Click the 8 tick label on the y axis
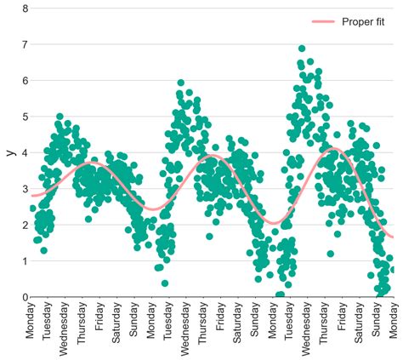click(x=25, y=9)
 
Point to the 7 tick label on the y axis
click(x=25, y=44)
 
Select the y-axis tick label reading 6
click(x=25, y=81)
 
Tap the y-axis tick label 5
click(x=25, y=117)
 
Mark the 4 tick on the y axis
click(x=25, y=153)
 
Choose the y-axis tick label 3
click(x=25, y=189)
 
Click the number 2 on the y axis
click(x=25, y=225)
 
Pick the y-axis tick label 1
click(x=25, y=261)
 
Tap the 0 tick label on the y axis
click(x=25, y=297)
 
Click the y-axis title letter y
click(x=9, y=153)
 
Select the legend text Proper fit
click(x=366, y=21)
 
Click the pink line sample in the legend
click(x=324, y=21)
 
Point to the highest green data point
click(x=302, y=49)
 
